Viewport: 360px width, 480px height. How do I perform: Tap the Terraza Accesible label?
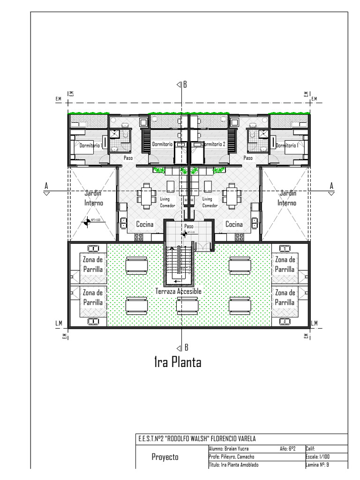click(178, 291)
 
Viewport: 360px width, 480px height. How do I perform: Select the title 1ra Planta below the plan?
click(178, 363)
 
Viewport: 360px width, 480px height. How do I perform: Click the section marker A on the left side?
click(46, 187)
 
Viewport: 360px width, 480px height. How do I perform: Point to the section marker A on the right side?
click(331, 187)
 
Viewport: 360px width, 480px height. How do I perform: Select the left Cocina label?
click(145, 225)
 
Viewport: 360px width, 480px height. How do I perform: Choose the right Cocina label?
click(234, 225)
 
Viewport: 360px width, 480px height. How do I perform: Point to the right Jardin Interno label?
click(287, 198)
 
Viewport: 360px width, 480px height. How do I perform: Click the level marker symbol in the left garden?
click(87, 222)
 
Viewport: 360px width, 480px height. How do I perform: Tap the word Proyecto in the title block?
click(165, 457)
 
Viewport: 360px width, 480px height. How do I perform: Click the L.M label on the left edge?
click(59, 323)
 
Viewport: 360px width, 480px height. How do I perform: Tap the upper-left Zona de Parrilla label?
click(93, 264)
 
